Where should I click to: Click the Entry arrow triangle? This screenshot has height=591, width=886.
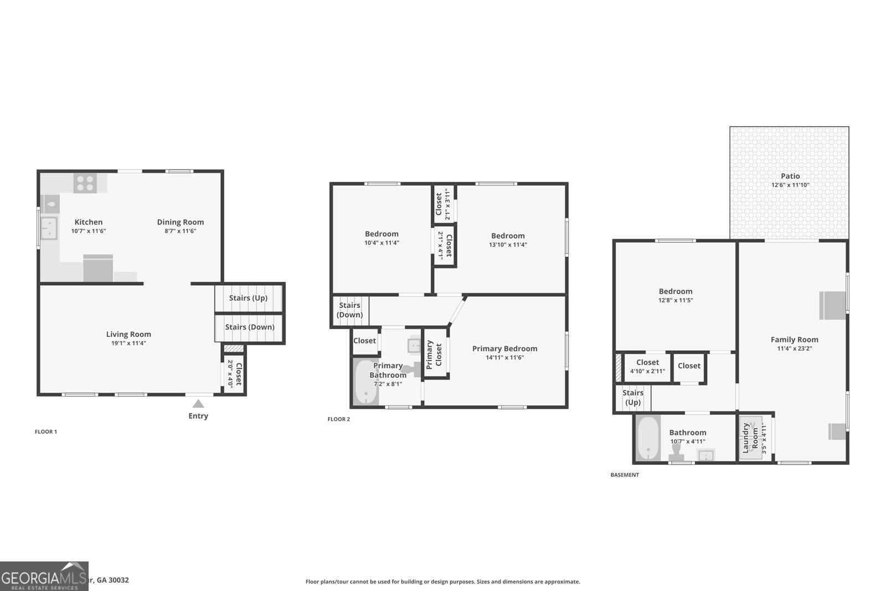pyautogui.click(x=198, y=404)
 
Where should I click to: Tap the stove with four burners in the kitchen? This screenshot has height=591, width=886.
pyautogui.click(x=85, y=183)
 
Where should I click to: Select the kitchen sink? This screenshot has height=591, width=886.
pyautogui.click(x=49, y=228)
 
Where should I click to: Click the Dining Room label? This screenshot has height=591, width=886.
pyautogui.click(x=180, y=222)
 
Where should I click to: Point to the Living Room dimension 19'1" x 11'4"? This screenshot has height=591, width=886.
pyautogui.click(x=128, y=343)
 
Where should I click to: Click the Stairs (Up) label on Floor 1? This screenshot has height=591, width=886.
pyautogui.click(x=248, y=298)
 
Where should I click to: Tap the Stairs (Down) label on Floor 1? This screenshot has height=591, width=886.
pyautogui.click(x=250, y=327)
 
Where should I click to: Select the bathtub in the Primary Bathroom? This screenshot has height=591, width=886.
pyautogui.click(x=365, y=383)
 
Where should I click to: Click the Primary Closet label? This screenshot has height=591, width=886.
pyautogui.click(x=434, y=354)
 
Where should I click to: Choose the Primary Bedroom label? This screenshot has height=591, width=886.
pyautogui.click(x=504, y=348)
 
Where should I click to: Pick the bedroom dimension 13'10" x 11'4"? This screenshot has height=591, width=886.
pyautogui.click(x=508, y=244)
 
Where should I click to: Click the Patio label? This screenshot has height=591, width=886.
pyautogui.click(x=790, y=176)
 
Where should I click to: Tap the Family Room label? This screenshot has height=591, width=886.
pyautogui.click(x=794, y=340)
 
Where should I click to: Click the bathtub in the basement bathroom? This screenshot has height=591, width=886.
pyautogui.click(x=647, y=438)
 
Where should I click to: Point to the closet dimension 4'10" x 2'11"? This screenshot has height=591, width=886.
pyautogui.click(x=647, y=372)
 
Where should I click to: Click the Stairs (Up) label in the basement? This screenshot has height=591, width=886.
pyautogui.click(x=632, y=398)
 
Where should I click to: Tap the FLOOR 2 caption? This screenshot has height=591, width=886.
pyautogui.click(x=339, y=419)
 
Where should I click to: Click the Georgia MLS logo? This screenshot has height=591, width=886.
pyautogui.click(x=44, y=576)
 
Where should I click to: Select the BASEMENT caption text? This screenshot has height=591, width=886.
pyautogui.click(x=625, y=475)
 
